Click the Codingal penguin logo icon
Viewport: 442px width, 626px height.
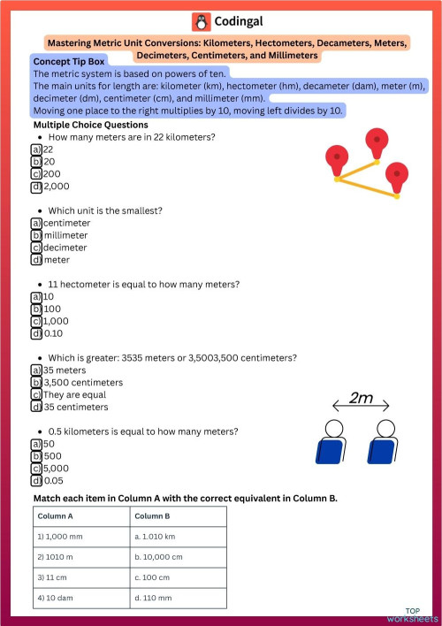coord(201,22)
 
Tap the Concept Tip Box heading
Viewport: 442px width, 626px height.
coord(69,62)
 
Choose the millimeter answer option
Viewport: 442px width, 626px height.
coord(65,235)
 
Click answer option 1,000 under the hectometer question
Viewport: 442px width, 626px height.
coord(56,321)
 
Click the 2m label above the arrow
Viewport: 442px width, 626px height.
coord(361,398)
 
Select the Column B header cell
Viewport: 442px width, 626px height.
coord(177,516)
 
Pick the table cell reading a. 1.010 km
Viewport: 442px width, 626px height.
coord(177,536)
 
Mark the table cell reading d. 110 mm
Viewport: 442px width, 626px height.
coord(177,599)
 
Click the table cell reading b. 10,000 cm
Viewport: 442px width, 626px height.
coord(177,557)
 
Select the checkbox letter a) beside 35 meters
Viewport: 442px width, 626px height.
coord(36,370)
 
